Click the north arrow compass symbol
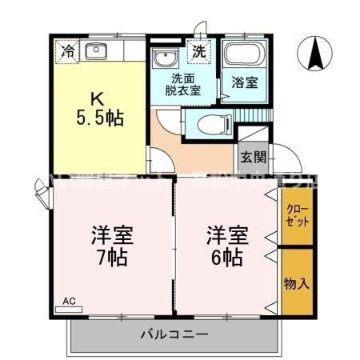tap(315, 54)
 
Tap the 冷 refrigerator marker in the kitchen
tap(68, 52)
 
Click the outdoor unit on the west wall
tap(40, 191)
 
